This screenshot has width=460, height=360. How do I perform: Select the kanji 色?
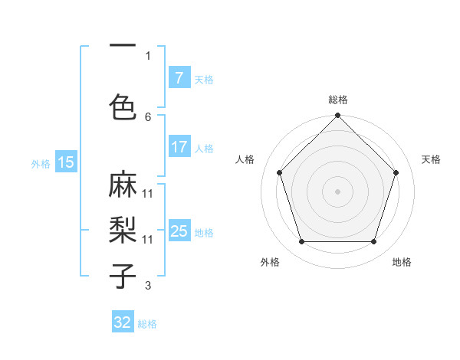click(x=123, y=106)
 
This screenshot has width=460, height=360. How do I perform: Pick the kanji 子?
click(x=123, y=275)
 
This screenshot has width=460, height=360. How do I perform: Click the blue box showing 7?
click(x=179, y=78)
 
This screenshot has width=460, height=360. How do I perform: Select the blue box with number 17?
click(x=179, y=147)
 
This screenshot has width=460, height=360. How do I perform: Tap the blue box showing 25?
click(x=179, y=231)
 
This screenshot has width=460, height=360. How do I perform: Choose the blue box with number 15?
click(x=66, y=162)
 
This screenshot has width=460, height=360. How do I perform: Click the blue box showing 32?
click(x=123, y=322)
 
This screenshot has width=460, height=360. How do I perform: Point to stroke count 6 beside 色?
click(x=148, y=117)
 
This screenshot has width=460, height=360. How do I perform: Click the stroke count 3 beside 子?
click(x=148, y=286)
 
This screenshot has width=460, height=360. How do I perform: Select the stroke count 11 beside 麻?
click(x=148, y=194)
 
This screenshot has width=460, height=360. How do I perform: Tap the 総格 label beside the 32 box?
click(x=147, y=324)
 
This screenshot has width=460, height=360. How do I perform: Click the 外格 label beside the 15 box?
click(x=41, y=163)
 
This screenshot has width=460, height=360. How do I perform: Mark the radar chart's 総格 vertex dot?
click(x=337, y=116)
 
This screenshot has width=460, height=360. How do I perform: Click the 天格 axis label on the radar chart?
click(x=431, y=159)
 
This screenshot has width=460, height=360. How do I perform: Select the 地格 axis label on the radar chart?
click(x=402, y=262)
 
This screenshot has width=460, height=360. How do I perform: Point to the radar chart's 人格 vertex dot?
click(x=279, y=172)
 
